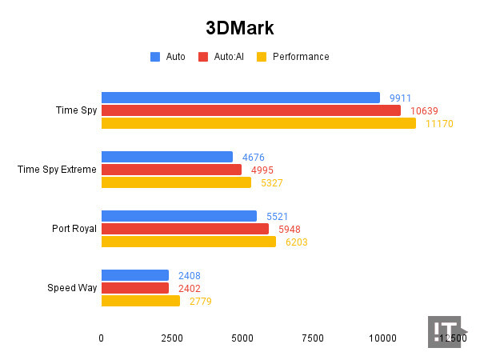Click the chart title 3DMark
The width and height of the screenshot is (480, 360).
240,28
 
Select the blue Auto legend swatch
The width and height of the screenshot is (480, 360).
155,57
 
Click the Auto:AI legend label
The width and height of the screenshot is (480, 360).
228,57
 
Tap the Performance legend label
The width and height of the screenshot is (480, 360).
301,57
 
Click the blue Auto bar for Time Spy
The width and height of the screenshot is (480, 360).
240,98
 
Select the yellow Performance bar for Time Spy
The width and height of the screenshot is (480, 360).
258,123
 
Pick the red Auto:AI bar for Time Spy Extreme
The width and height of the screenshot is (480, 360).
171,170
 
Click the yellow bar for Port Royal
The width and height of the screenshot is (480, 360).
189,242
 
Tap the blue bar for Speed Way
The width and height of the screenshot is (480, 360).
135,275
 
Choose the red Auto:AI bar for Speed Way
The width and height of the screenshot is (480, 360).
135,288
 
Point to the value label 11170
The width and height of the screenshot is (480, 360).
439,124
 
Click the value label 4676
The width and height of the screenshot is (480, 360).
254,157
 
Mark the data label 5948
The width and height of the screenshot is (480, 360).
289,229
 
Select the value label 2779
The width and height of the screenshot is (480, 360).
201,301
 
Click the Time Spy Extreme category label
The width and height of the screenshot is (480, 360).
57,170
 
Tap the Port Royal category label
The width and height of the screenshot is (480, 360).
74,229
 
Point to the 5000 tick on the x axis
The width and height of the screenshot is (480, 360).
242,338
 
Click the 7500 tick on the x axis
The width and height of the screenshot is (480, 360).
313,338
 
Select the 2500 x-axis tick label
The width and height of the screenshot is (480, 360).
171,338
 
